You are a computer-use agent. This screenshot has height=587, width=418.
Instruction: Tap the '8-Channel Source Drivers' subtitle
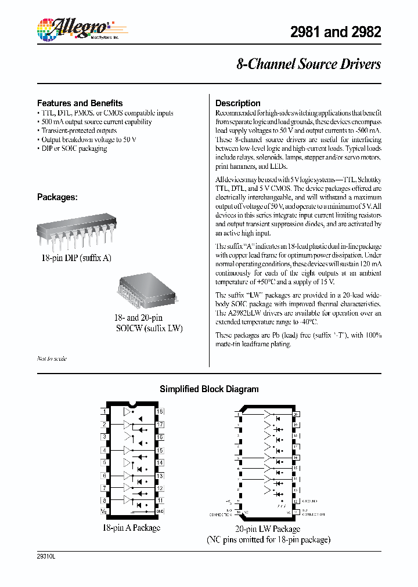308,64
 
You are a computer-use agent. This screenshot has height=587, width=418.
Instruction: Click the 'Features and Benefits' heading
80,103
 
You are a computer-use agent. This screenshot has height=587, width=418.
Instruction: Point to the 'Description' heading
237,103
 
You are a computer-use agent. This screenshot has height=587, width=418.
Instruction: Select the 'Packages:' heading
57,197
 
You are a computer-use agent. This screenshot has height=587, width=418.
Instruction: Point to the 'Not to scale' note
52,358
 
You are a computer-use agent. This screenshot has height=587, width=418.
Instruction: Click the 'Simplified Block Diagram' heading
209,389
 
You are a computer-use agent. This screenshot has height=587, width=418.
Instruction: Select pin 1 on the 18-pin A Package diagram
105,412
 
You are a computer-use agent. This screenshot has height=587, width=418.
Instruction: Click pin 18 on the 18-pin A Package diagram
160,412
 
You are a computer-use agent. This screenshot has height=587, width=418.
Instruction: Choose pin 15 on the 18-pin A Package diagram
160,450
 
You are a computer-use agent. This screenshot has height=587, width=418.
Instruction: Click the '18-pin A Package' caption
131,528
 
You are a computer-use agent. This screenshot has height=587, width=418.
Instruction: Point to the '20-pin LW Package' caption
268,529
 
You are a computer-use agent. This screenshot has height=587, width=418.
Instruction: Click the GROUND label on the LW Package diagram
311,501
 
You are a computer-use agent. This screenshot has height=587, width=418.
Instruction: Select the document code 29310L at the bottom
45,556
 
